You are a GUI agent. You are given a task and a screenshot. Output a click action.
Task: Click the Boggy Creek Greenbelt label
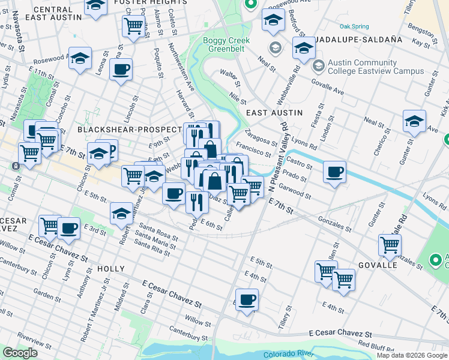tap(222, 45)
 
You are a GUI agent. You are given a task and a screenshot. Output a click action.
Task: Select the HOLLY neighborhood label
tap(110, 270)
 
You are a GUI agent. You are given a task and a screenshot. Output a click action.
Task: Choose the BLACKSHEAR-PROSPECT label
tap(128, 130)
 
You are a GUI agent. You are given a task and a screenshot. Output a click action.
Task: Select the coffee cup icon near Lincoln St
tap(121, 70)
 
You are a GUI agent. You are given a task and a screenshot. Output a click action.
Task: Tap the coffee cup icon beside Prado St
tap(335, 172)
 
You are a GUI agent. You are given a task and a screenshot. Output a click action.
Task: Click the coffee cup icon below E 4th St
tap(247, 299)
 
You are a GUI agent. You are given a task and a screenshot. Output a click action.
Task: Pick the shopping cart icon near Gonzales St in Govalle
tap(390, 245)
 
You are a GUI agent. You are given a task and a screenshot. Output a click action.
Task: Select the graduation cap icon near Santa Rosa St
tap(121, 213)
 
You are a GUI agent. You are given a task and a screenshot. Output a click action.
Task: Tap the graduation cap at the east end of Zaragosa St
tap(414, 121)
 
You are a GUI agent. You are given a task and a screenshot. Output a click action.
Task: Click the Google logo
tap(20, 353)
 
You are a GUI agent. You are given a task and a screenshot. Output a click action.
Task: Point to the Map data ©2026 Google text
tap(412, 355)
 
